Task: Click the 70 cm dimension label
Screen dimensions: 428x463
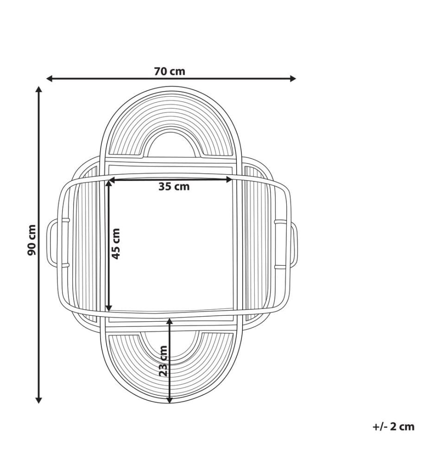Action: tap(170, 71)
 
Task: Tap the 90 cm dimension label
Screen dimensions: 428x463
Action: tap(31, 240)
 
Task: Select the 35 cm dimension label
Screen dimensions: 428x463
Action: tap(174, 187)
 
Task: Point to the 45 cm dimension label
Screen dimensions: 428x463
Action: tap(116, 244)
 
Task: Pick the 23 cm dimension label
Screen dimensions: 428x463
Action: tap(163, 361)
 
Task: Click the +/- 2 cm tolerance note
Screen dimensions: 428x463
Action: tap(393, 426)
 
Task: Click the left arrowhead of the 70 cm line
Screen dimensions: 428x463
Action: tap(49, 79)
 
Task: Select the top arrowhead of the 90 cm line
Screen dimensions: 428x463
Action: tap(38, 89)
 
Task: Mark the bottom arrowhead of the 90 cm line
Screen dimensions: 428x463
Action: tap(38, 400)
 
